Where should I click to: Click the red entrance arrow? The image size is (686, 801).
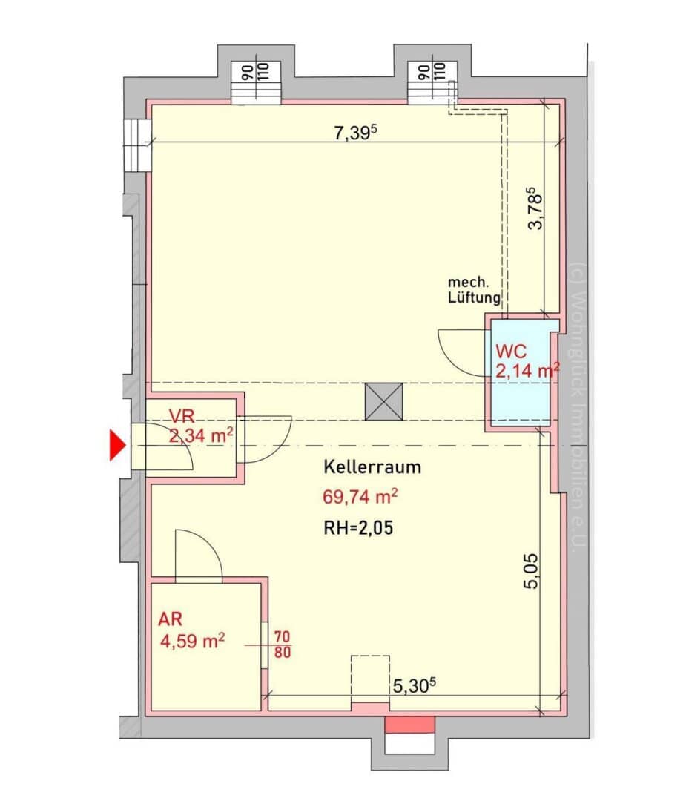(x=117, y=445)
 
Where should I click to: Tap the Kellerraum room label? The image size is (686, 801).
(x=372, y=467)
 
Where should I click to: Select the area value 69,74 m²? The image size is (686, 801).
(x=360, y=496)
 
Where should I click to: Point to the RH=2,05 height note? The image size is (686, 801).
(x=359, y=527)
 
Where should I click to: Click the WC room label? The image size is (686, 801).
(x=511, y=352)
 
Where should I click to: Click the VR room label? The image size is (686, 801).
(x=182, y=416)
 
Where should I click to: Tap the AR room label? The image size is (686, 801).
(x=170, y=619)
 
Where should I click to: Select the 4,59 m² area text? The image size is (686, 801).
(x=193, y=641)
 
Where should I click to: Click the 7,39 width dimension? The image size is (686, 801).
(x=355, y=133)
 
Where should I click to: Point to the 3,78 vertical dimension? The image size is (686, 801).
(x=535, y=208)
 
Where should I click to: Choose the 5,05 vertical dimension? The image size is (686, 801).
(x=531, y=571)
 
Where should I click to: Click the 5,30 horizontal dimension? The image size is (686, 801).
(x=415, y=685)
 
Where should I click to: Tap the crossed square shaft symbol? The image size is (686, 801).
(x=383, y=402)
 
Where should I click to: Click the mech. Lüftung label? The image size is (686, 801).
(x=474, y=290)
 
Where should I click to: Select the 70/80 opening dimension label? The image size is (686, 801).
(x=283, y=645)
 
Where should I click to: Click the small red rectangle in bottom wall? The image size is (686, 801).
(x=409, y=725)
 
